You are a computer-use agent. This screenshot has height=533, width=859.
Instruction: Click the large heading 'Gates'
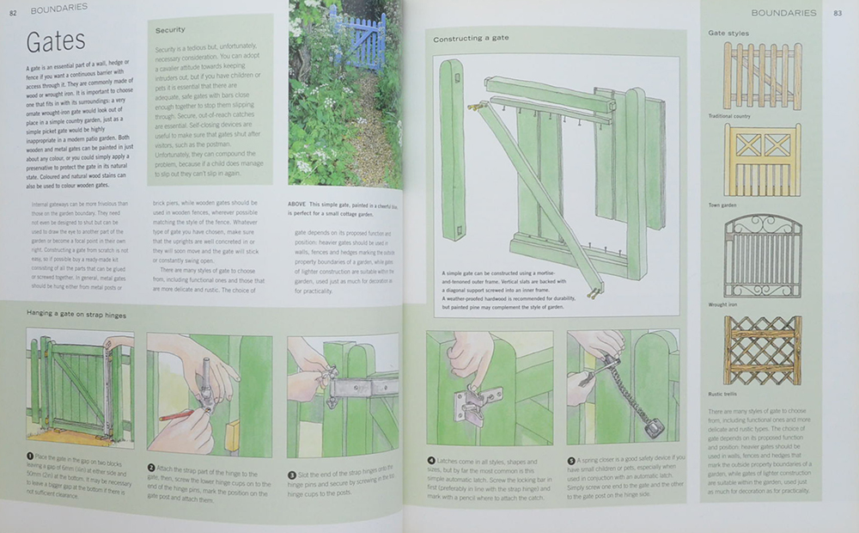56,42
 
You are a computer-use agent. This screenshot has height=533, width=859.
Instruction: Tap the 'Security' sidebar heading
170,29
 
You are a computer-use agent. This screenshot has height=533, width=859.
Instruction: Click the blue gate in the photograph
356,39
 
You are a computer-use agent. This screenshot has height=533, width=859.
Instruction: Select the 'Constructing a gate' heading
471,40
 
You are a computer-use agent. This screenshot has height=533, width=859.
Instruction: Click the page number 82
13,10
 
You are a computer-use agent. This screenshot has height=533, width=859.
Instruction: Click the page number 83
837,12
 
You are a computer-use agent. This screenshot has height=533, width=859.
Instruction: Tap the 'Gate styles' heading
728,33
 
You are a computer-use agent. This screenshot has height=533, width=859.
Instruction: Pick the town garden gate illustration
762,159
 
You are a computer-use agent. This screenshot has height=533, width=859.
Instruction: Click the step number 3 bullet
291,474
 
